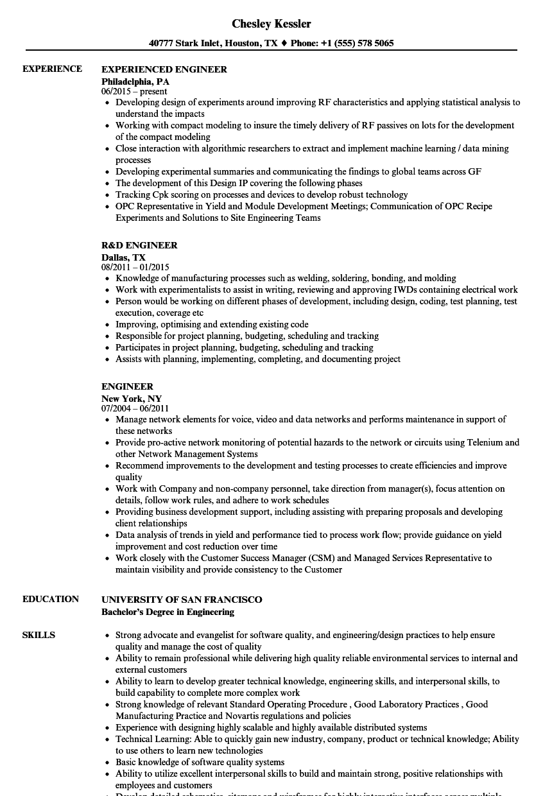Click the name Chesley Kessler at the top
pos(271,24)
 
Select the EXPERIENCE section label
pos(52,69)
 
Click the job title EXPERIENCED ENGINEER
pos(164,69)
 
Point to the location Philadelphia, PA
pos(135,82)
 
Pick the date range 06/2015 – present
pos(134,92)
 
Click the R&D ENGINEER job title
pos(139,245)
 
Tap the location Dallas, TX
pos(123,257)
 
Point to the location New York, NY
pos(132,399)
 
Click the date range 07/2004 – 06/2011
pos(135,408)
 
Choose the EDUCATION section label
pos(51,599)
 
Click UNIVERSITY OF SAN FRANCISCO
pos(182,600)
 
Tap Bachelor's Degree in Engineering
pos(168,612)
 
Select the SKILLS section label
pos(39,635)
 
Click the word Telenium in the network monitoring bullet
pos(485,442)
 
